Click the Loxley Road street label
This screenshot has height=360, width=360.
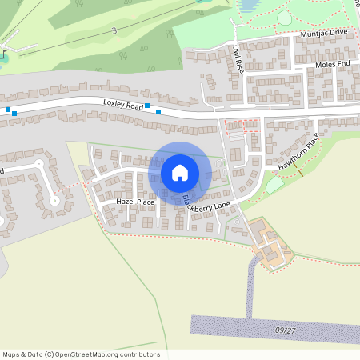point(122,104)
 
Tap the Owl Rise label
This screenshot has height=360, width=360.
point(238,59)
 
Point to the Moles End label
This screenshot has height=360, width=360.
point(334,64)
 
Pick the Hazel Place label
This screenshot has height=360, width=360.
point(134,202)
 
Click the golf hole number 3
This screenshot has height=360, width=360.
point(114,30)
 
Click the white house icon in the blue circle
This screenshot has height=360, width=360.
point(180,172)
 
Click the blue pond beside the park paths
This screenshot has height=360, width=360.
point(249,6)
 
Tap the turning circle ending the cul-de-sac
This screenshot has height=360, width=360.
point(54,201)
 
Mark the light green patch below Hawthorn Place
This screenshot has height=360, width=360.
point(274,184)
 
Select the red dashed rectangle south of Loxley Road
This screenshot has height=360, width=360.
point(241,124)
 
